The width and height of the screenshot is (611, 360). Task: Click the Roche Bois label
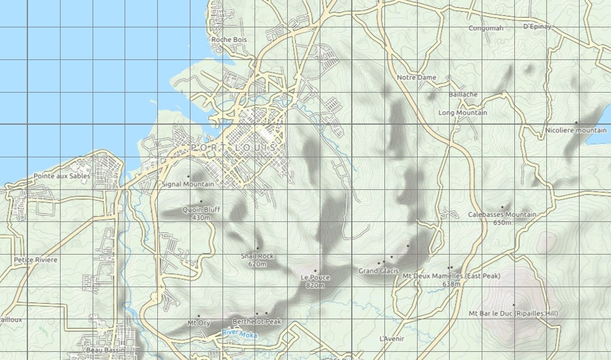pyautogui.click(x=229, y=40)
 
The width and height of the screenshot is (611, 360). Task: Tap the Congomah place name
pyautogui.click(x=486, y=28)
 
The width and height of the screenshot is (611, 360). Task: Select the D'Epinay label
pyautogui.click(x=536, y=26)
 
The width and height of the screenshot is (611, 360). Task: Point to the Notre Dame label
pyautogui.click(x=416, y=77)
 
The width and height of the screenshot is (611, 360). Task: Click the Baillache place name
pyautogui.click(x=463, y=94)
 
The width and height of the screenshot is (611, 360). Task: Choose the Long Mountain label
pyautogui.click(x=462, y=112)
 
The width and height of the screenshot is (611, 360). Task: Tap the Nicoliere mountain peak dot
pyautogui.click(x=575, y=122)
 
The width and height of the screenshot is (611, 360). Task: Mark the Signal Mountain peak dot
pyautogui.click(x=188, y=176)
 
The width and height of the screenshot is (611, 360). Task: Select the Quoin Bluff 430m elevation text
pyautogui.click(x=200, y=218)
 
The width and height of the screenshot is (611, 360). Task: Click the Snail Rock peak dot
pyautogui.click(x=257, y=248)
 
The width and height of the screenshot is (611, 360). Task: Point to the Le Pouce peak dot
pyautogui.click(x=315, y=271)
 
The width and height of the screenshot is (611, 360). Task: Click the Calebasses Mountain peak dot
pyautogui.click(x=501, y=207)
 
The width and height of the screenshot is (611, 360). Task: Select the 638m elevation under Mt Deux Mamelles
pyautogui.click(x=451, y=284)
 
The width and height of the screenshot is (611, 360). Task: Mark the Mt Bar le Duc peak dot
pyautogui.click(x=513, y=305)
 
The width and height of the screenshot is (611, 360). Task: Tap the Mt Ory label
pyautogui.click(x=198, y=323)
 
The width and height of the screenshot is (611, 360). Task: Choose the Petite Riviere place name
pyautogui.click(x=36, y=260)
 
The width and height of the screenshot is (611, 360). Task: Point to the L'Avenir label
pyautogui.click(x=391, y=338)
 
